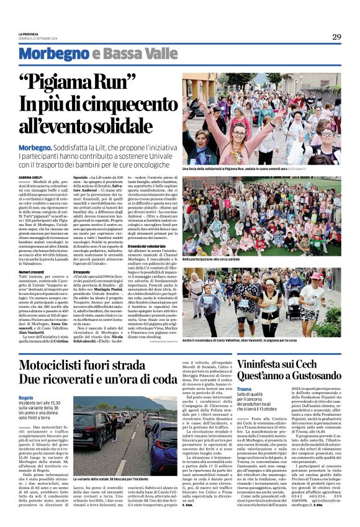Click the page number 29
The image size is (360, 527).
336,37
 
